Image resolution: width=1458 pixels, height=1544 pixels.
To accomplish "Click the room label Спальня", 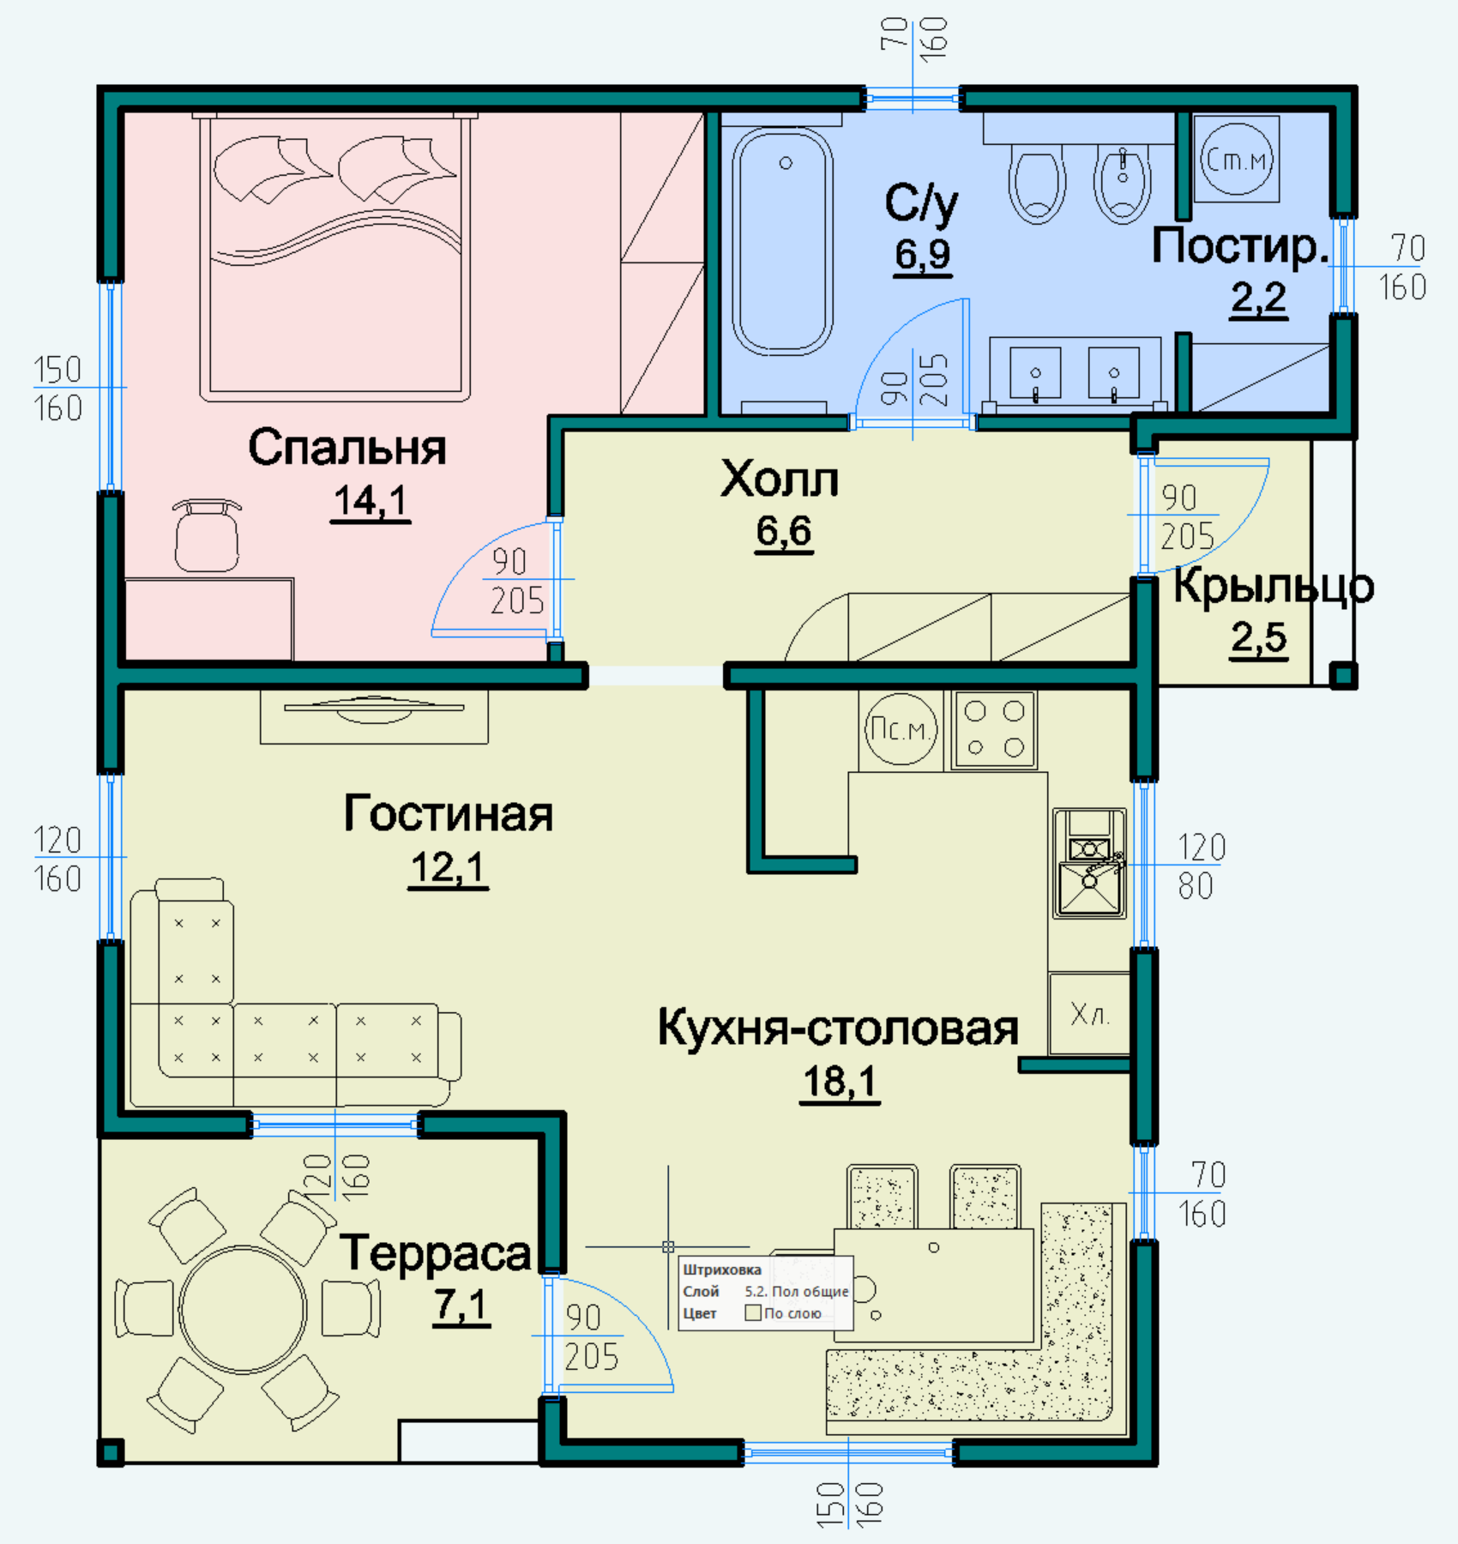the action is [347, 448].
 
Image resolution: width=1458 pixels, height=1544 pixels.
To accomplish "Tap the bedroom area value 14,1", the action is [371, 501].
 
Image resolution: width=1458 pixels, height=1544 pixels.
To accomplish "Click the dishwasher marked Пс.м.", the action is [901, 730].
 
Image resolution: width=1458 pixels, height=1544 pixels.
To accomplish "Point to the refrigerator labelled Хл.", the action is [1089, 1013].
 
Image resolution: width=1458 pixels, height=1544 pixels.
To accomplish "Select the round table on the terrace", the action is [243, 1309].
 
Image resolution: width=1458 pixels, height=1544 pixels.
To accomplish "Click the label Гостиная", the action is [448, 813].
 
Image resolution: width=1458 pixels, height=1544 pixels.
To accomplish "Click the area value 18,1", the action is [840, 1081].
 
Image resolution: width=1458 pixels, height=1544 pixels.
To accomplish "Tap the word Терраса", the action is [436, 1253].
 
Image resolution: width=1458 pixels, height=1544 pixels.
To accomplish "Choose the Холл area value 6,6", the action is [784, 532].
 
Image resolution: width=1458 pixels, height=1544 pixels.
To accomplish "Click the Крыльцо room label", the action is [1274, 587].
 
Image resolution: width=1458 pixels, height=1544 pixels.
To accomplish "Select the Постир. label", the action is [1240, 246].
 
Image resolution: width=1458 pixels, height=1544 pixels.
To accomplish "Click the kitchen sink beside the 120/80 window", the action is [1089, 863].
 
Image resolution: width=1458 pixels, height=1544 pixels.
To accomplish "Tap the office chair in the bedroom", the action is [207, 535].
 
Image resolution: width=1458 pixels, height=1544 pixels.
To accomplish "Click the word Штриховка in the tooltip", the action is [722, 1270].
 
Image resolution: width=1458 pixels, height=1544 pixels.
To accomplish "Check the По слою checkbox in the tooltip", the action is [753, 1312].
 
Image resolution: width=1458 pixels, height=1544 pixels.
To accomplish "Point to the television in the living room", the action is [374, 709].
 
